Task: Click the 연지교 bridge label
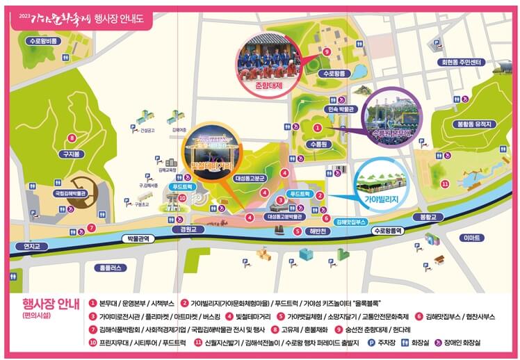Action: coord(33,245)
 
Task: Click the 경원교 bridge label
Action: coord(188,229)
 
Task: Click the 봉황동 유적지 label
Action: coord(475,124)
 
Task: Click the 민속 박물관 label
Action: coord(341,109)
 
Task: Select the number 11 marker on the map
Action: coord(445,184)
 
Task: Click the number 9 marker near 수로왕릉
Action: coord(326,51)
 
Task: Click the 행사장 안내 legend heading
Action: coord(50,304)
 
